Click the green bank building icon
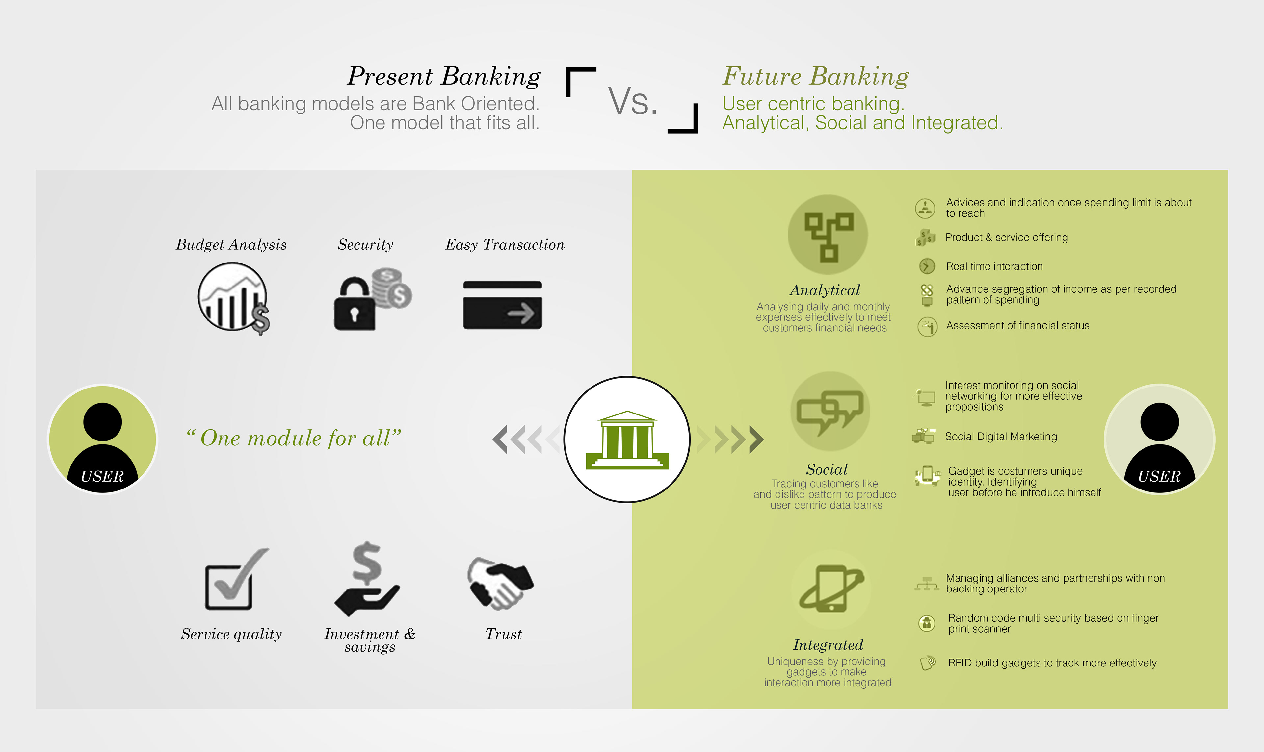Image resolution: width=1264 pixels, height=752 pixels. [627, 439]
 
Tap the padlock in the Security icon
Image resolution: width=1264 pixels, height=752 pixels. [354, 307]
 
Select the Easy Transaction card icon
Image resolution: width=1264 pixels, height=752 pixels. [502, 305]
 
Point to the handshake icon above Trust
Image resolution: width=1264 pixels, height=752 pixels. [500, 583]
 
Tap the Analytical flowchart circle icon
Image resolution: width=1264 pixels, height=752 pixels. [828, 235]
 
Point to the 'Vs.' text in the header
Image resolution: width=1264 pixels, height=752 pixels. [632, 101]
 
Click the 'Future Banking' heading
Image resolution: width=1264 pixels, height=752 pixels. [815, 77]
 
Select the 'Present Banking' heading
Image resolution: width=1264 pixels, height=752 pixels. [444, 77]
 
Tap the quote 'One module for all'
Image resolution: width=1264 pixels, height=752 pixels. [294, 438]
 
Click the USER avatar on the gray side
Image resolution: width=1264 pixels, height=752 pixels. [102, 439]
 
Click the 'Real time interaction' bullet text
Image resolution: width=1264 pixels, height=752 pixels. [994, 266]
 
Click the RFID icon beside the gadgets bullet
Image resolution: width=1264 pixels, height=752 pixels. [927, 663]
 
